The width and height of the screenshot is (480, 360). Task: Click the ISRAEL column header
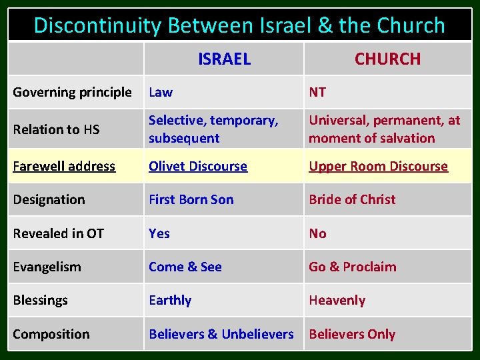[x=224, y=59]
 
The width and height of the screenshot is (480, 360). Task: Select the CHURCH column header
[x=387, y=59]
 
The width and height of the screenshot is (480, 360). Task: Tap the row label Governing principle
[x=72, y=93]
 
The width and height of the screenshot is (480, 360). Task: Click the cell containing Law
[x=161, y=93]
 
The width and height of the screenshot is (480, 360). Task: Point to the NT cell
[x=317, y=93]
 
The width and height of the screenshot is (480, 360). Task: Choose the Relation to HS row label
[x=55, y=129]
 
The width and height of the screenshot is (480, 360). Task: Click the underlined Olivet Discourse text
[x=198, y=166]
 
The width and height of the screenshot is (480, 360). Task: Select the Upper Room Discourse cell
[x=378, y=166]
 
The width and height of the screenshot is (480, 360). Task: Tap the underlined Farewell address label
[x=64, y=166]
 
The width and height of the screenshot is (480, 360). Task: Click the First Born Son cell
[x=191, y=199]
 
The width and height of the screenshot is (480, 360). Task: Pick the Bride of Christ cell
[x=352, y=199]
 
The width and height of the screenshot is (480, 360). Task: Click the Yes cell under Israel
[x=159, y=233]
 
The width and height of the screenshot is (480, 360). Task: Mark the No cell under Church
[x=317, y=233]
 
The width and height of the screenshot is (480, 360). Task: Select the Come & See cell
[x=185, y=267]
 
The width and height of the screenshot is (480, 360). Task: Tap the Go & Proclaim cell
[x=352, y=267]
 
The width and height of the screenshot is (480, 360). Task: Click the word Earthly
[x=170, y=300]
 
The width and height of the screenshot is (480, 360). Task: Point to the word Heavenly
[x=337, y=300]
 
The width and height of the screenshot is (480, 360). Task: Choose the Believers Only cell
[x=352, y=334]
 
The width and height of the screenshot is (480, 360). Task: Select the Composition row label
[x=51, y=334]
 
